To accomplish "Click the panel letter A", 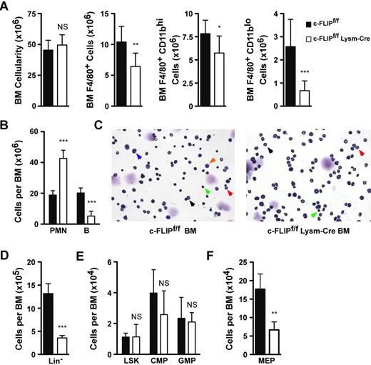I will click(x=6, y=7).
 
